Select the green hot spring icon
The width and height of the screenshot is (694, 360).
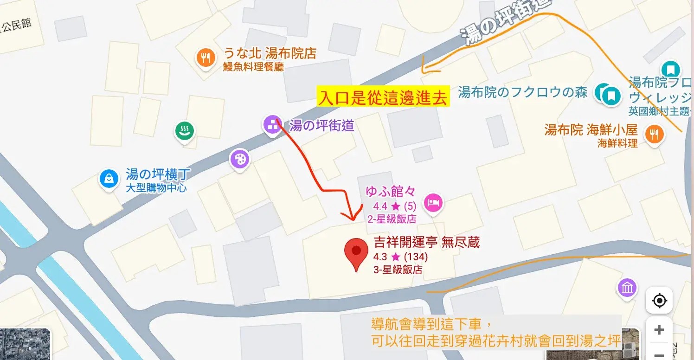tap(185, 130)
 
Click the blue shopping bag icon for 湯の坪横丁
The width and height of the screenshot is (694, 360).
tap(109, 178)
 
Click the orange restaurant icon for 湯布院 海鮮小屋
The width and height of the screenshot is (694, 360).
tap(655, 135)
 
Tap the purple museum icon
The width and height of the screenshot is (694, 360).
tap(627, 288)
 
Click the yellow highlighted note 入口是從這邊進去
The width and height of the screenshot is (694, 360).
tap(383, 97)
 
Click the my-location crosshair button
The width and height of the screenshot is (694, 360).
tap(659, 301)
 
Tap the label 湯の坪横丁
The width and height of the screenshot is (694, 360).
tap(152, 175)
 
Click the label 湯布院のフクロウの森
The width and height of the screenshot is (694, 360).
tap(522, 92)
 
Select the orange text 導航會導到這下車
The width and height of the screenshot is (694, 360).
tap(431, 324)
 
